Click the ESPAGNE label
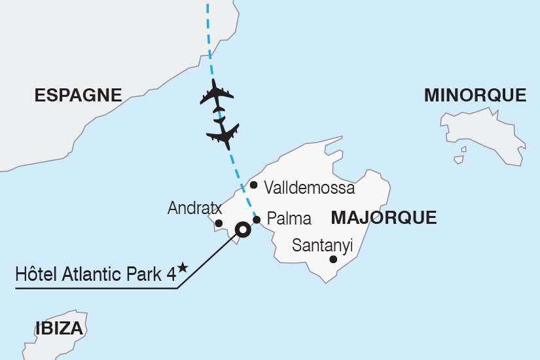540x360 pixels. pos(78,96)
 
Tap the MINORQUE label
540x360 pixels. pos(475,96)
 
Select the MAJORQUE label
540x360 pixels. pos(384,218)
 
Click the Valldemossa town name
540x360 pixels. pos(309,189)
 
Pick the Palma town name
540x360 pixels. pos(289,219)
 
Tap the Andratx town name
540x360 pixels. pos(195,209)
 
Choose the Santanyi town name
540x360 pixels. pos(323,245)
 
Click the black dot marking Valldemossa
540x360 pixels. pos(254,185)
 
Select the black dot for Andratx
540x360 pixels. pos(219,223)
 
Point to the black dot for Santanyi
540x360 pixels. pos(333,260)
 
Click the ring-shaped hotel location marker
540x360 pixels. pos(243,229)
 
